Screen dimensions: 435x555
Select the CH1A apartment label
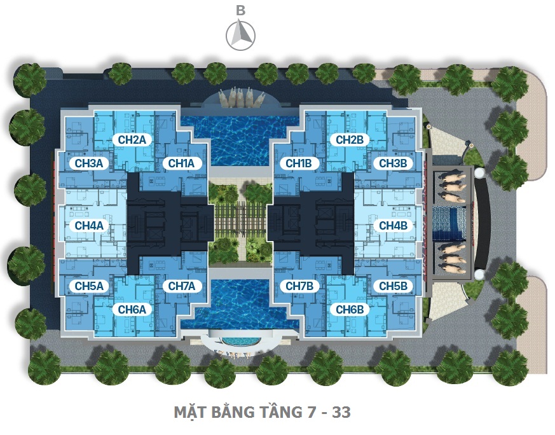[181, 163]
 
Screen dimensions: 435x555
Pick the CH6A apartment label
[132, 310]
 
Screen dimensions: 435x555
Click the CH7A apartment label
[181, 286]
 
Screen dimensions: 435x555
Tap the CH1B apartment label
[298, 163]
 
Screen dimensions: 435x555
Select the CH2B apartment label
[349, 139]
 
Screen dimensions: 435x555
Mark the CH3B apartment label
[392, 163]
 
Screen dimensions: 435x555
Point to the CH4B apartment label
[392, 225]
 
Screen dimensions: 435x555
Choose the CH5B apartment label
[392, 286]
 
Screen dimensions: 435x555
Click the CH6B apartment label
[349, 310]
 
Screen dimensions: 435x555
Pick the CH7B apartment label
[298, 286]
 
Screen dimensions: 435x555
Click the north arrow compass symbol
[240, 34]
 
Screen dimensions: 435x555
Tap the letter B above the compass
[240, 10]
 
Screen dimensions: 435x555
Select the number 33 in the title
[340, 412]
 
